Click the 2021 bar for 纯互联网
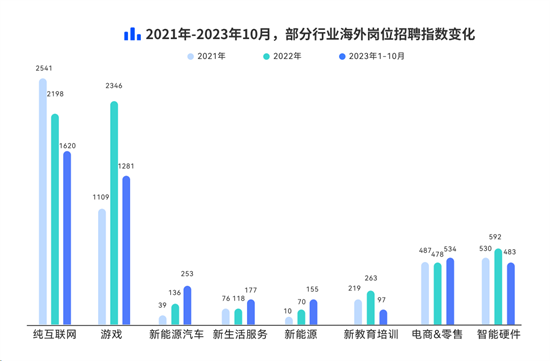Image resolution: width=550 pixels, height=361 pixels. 43,201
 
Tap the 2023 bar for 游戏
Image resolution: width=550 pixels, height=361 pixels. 126,250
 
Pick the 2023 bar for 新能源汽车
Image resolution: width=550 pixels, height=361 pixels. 187,305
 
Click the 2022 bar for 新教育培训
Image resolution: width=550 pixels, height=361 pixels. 371,308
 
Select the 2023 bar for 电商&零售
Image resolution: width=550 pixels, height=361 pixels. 449,291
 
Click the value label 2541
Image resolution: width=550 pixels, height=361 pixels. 43,69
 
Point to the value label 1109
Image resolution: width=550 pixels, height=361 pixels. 101,197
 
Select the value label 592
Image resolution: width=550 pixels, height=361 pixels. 498,237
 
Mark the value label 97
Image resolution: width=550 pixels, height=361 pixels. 383,300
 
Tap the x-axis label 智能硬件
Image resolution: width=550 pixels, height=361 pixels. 498,334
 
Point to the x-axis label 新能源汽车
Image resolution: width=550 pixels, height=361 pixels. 175,334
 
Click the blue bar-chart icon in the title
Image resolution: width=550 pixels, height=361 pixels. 131,33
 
